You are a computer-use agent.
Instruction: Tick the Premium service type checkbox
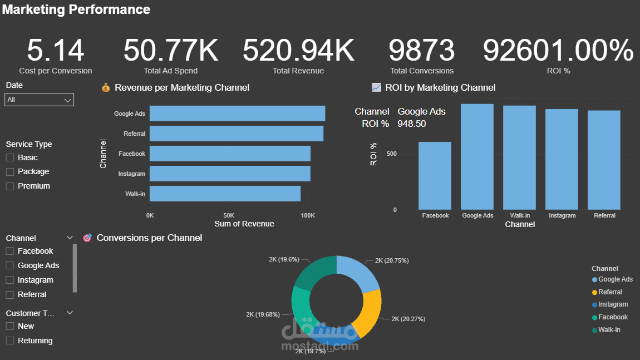[10, 186]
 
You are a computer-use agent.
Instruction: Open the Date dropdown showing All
[39, 100]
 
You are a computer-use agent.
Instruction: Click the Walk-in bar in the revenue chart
[225, 194]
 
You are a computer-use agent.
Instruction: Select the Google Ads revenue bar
[237, 114]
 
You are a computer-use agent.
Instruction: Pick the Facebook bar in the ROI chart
[435, 176]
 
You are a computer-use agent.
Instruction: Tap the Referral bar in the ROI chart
[604, 160]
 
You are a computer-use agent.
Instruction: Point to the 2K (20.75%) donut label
[392, 260]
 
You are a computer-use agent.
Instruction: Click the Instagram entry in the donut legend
[610, 304]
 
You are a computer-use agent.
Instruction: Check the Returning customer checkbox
[10, 341]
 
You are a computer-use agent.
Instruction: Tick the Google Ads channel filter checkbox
[10, 265]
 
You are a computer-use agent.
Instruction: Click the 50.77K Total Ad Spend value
[171, 50]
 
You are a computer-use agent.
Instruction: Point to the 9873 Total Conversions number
[421, 50]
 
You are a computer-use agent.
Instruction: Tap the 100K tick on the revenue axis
[308, 215]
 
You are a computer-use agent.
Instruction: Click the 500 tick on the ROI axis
[391, 154]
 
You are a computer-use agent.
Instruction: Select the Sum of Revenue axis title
[244, 224]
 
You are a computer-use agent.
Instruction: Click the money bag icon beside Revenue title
[106, 87]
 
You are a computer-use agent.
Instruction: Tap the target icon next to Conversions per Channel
[87, 238]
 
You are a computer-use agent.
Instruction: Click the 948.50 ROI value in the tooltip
[411, 124]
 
